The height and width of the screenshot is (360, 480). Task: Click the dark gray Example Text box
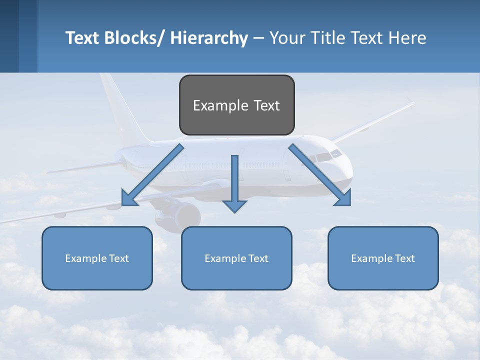[236, 105]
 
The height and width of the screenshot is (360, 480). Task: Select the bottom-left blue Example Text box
[97, 258]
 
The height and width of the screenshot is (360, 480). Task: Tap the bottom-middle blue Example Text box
[236, 258]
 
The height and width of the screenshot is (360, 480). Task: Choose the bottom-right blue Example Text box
[383, 258]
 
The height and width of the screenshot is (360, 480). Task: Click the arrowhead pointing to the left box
[129, 198]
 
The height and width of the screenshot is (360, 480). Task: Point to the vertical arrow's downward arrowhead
[234, 205]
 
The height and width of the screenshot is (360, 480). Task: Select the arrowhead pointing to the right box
[343, 198]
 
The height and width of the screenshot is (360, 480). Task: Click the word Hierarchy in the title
[209, 38]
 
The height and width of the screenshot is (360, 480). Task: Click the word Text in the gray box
[266, 105]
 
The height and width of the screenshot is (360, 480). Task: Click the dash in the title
[258, 38]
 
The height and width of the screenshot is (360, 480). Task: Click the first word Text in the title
[83, 38]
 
